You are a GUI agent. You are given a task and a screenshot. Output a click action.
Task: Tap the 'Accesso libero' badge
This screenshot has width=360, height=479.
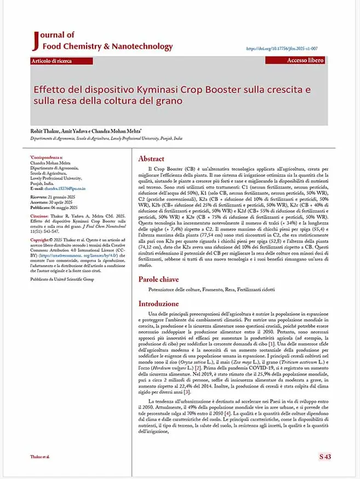click(305, 60)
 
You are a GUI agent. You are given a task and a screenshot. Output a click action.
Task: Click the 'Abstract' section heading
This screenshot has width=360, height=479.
click(151, 159)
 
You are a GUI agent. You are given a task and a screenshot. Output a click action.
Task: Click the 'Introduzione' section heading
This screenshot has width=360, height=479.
click(158, 303)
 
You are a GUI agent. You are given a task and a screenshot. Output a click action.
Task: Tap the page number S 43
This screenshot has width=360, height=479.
click(325, 456)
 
